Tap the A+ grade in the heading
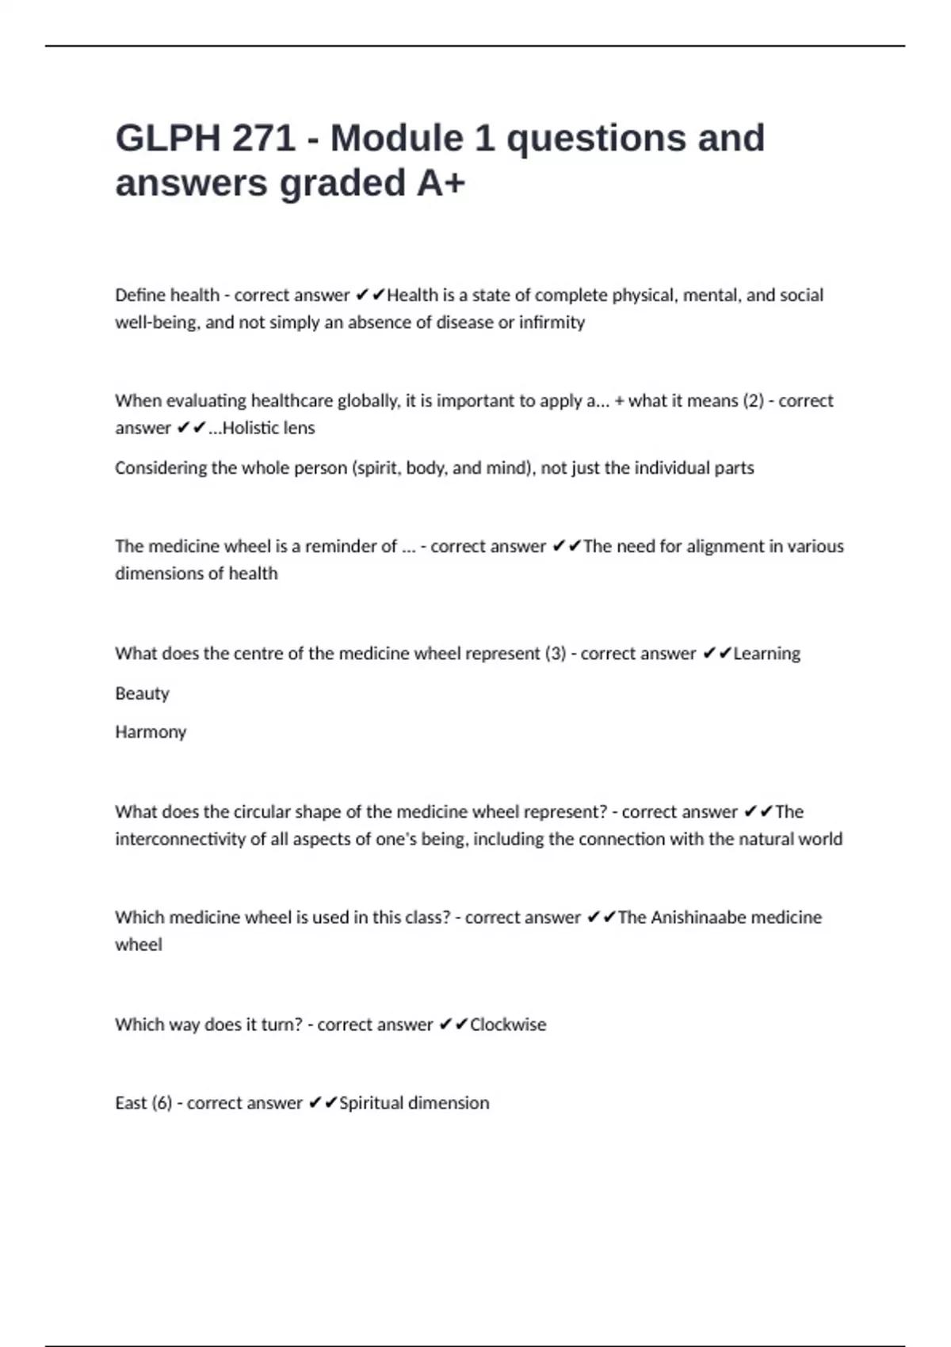click(x=441, y=184)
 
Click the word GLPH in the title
click(x=168, y=139)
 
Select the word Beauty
click(x=142, y=693)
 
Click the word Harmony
click(x=151, y=732)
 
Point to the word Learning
click(x=766, y=654)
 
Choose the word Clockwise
click(x=508, y=1025)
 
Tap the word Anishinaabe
click(x=698, y=918)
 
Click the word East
click(x=131, y=1103)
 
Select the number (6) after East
click(x=162, y=1103)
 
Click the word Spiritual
click(x=370, y=1103)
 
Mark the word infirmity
click(x=552, y=322)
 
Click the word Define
click(x=139, y=296)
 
